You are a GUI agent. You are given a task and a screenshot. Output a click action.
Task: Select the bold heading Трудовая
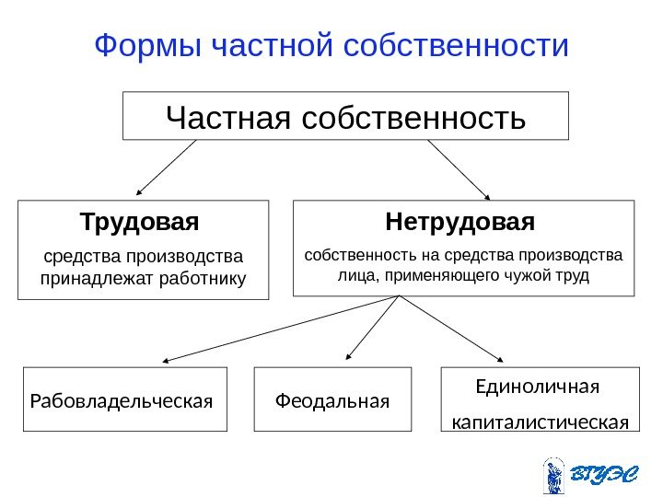point(140,223)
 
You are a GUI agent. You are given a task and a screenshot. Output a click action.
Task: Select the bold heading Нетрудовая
point(459,223)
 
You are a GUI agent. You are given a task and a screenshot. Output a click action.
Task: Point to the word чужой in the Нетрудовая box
point(525,275)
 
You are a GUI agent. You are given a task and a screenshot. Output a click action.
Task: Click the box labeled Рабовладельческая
point(124,400)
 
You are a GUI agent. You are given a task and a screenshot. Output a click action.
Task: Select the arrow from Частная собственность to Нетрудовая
point(459,169)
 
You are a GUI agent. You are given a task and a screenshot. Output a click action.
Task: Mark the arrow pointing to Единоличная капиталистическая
point(451,330)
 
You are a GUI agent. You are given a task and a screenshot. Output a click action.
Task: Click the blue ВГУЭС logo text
point(601,475)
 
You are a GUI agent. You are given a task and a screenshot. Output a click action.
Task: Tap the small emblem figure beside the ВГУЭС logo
point(553,475)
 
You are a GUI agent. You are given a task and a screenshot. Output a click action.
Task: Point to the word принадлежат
point(85,277)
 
